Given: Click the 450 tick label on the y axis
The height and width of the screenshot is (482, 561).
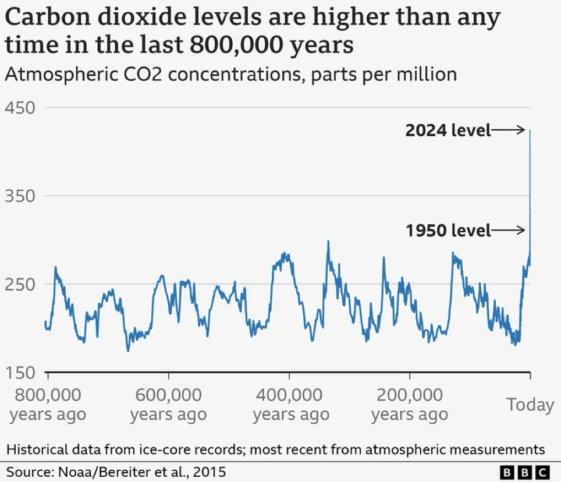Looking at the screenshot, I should coord(20,108).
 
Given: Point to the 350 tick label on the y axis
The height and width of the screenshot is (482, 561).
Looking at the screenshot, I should coord(20,196).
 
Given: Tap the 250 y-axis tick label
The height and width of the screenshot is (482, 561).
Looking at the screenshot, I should coord(20,285).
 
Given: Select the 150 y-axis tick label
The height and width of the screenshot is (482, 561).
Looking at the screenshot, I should coord(20,373).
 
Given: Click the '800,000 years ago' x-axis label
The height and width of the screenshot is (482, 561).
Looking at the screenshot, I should coord(48,405).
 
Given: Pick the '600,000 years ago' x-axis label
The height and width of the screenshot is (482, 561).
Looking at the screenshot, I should coord(168,405).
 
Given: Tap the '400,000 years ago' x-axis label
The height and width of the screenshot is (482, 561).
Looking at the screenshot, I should coord(290,405).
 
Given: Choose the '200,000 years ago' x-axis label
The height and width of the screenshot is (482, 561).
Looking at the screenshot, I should coord(410,405).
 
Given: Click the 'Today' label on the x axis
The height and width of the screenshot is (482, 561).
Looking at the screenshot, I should coord(530,404).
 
